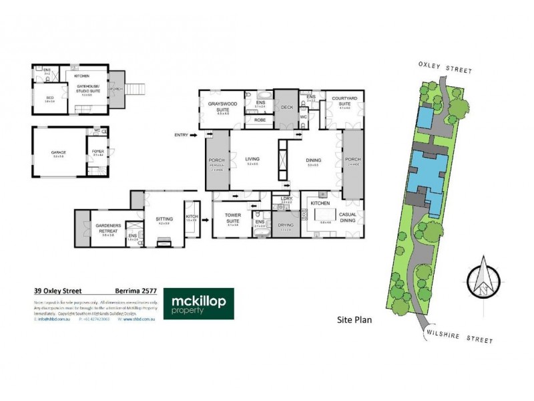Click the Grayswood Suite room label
click(218, 106)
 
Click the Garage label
click(57, 152)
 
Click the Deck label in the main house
click(287, 106)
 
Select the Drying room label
click(286, 225)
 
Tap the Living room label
click(252, 159)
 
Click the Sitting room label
click(163, 218)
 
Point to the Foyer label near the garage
click(97, 152)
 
